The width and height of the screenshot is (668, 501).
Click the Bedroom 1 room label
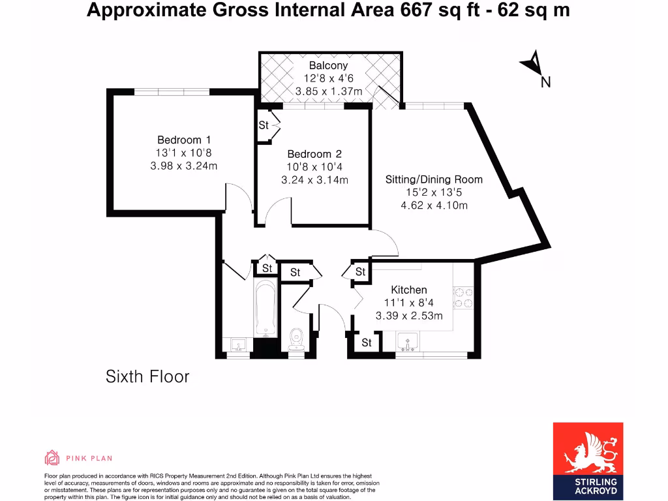click(184, 140)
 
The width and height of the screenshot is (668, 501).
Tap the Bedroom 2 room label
click(314, 154)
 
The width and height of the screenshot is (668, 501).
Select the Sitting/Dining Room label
click(434, 179)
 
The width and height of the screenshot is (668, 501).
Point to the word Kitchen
click(409, 290)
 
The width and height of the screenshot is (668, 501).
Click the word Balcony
click(328, 65)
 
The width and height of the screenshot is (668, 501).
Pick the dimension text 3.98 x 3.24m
click(184, 166)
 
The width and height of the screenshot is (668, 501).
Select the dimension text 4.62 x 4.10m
click(434, 205)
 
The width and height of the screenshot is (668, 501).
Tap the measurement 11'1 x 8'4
click(409, 303)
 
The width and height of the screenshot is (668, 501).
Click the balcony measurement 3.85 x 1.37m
click(328, 91)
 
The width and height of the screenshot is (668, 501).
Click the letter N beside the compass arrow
click(546, 82)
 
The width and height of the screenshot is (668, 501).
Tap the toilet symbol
click(296, 339)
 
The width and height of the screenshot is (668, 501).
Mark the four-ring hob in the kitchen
click(463, 297)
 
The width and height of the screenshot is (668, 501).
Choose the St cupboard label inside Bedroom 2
click(264, 125)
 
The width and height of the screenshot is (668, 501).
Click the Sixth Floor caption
click(147, 376)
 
